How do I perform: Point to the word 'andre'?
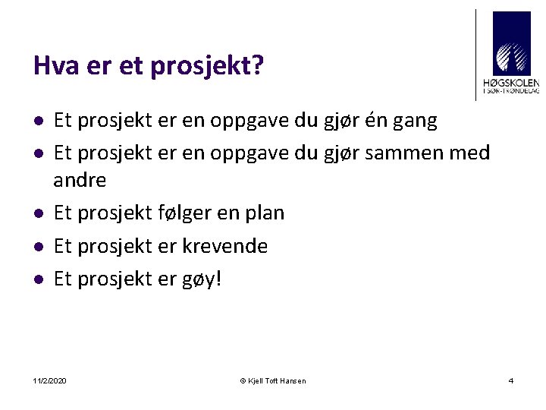(x=80, y=181)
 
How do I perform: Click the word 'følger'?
(x=182, y=213)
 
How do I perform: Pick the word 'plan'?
(x=264, y=213)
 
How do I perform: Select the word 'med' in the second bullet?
(x=469, y=153)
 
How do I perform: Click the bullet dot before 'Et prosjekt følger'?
(x=37, y=214)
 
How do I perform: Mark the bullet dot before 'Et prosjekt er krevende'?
(x=37, y=247)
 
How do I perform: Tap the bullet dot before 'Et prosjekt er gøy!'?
(x=37, y=280)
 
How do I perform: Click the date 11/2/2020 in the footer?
(x=50, y=380)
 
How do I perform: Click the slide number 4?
(x=511, y=380)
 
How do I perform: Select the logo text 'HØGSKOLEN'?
(x=511, y=82)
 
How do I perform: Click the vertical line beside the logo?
(x=476, y=55)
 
